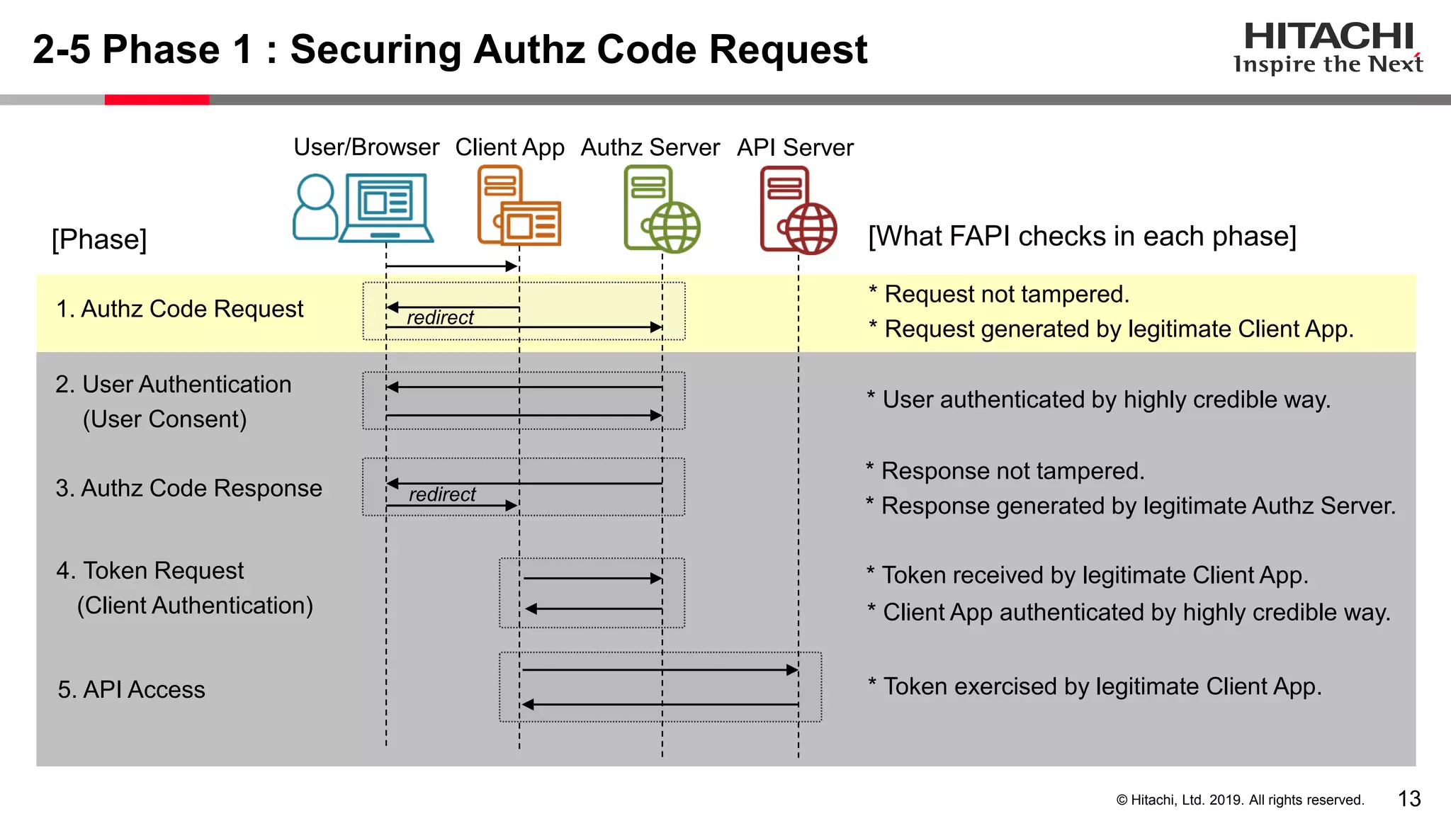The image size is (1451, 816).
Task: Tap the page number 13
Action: (x=1409, y=798)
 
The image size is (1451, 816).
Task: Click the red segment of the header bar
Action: (x=157, y=100)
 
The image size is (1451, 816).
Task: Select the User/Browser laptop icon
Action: (x=386, y=208)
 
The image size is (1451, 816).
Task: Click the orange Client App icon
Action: (x=518, y=206)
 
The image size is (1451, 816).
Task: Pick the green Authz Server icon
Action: (x=661, y=209)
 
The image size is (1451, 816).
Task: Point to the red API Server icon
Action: (x=797, y=210)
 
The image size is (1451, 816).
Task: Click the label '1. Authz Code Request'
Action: (x=179, y=309)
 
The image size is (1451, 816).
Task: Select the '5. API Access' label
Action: (x=131, y=689)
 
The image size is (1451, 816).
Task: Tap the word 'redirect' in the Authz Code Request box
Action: (x=440, y=317)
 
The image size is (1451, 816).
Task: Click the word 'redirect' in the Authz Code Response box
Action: (x=442, y=494)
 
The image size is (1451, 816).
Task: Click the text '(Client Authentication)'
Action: (x=195, y=606)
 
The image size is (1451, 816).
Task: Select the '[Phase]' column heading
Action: (x=99, y=239)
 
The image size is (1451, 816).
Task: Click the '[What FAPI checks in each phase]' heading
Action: (x=1082, y=236)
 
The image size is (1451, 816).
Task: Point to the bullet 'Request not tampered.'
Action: (x=1006, y=294)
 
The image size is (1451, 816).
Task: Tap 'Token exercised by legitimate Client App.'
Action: (x=1102, y=686)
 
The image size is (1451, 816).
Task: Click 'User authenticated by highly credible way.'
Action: (x=1105, y=399)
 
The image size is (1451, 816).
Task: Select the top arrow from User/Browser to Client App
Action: (x=451, y=266)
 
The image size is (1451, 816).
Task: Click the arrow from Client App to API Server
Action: (x=659, y=669)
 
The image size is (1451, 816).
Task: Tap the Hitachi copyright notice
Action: (x=1240, y=800)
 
